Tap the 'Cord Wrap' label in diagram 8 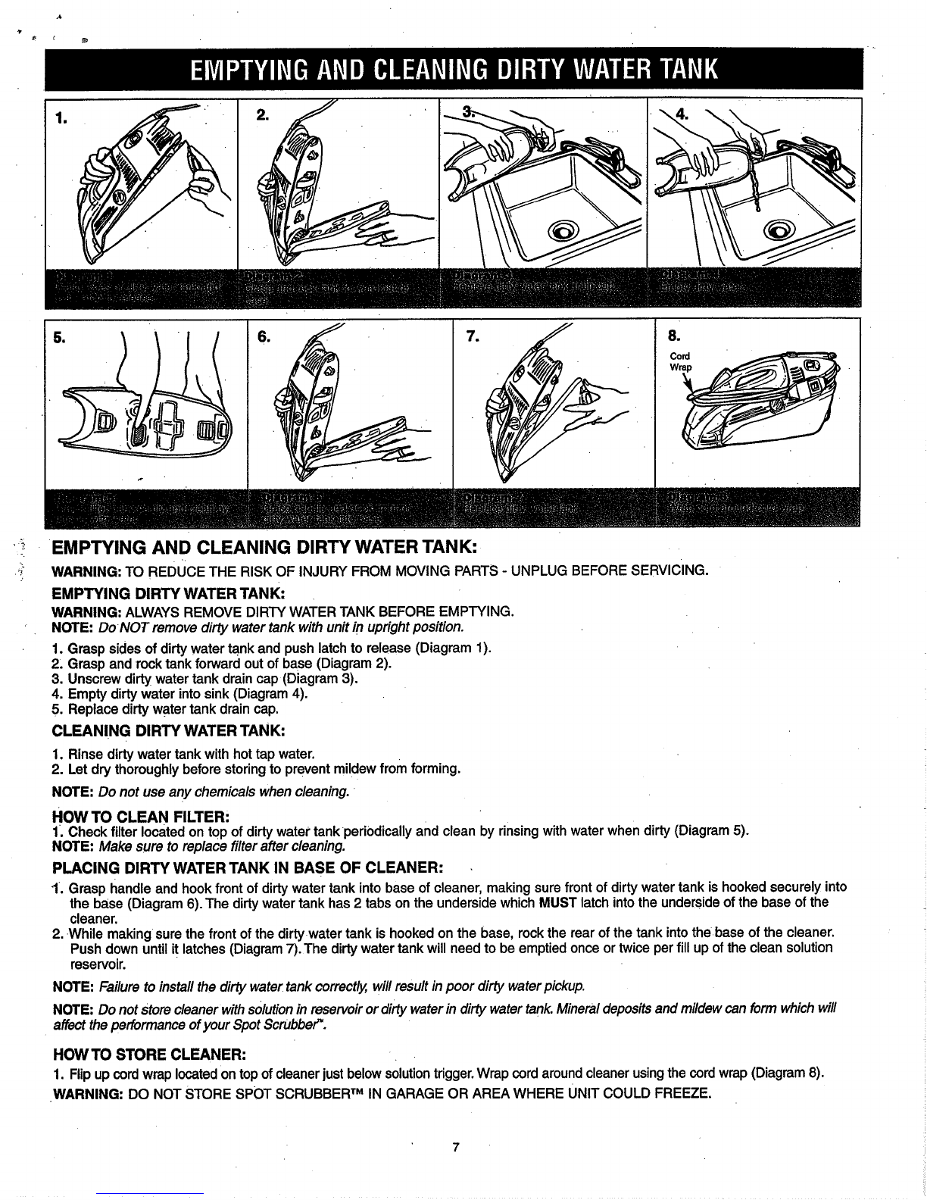coord(678,362)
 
